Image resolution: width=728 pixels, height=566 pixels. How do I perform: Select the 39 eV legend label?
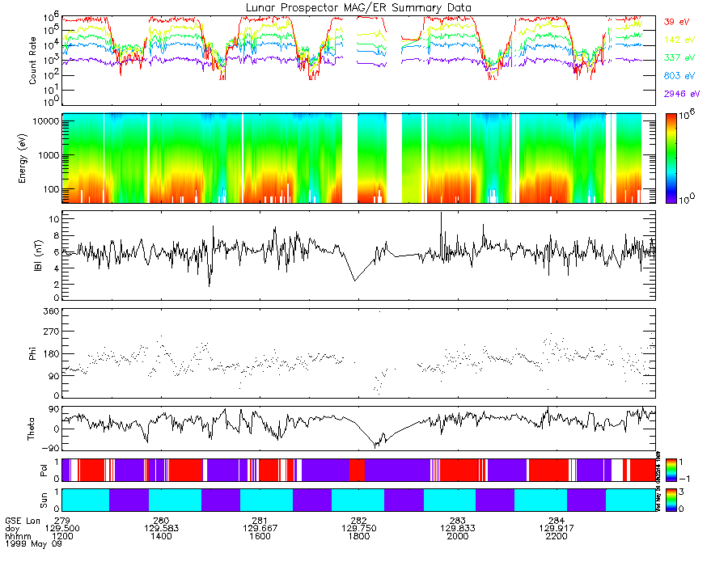(x=675, y=22)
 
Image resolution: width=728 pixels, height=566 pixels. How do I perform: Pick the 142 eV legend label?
(x=676, y=40)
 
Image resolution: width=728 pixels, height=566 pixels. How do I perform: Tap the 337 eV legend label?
(x=676, y=58)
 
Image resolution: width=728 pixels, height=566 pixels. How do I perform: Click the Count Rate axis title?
(x=34, y=61)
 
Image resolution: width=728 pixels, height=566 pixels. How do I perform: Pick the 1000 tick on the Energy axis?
(x=48, y=154)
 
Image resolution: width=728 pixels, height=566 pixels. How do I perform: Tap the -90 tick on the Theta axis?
(x=49, y=447)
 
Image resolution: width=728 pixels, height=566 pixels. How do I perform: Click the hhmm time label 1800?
(x=358, y=536)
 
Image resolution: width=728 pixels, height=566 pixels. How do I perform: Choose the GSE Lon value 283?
(x=458, y=520)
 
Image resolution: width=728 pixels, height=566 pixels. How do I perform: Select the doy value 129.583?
(x=161, y=528)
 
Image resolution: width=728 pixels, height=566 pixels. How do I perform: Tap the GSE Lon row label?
(x=21, y=520)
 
